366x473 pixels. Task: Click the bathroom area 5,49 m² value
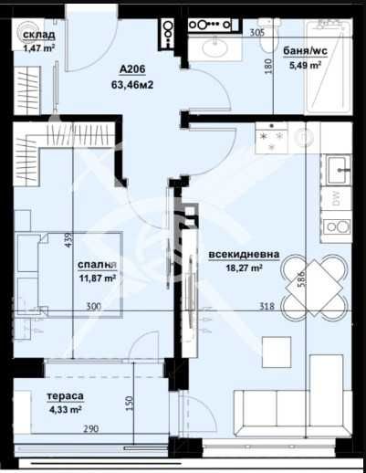tap(306, 65)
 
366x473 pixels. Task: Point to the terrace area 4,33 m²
tap(66, 411)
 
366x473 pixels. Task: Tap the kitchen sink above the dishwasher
tap(338, 167)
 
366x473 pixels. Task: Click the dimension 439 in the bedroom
tap(69, 240)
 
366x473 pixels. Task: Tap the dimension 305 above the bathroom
tap(256, 32)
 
